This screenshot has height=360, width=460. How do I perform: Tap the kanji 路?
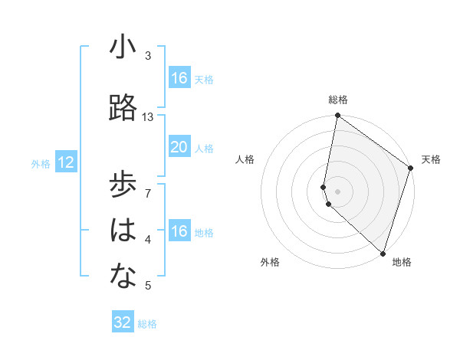pos(123,110)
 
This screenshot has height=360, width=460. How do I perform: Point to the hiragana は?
pos(123,231)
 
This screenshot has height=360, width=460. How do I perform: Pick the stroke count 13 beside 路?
pos(148,117)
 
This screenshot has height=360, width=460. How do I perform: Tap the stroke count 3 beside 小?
pos(148,56)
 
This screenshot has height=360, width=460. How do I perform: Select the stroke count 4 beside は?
pos(148,239)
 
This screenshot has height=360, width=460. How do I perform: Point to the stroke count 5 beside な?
pos(148,286)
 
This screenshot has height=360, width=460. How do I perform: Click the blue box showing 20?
pos(179,147)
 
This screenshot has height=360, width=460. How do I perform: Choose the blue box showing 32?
pos(123,322)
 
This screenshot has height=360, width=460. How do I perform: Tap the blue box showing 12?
pos(66,162)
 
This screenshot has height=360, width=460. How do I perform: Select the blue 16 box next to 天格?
pos(179,78)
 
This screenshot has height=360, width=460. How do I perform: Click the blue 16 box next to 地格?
pos(179,232)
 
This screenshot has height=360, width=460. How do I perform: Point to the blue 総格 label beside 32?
pos(147,324)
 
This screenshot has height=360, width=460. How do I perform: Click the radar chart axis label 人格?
pos(245,159)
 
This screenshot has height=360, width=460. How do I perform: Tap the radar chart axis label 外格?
pos(270,262)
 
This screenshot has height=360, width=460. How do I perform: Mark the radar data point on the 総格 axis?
pos(337,116)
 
